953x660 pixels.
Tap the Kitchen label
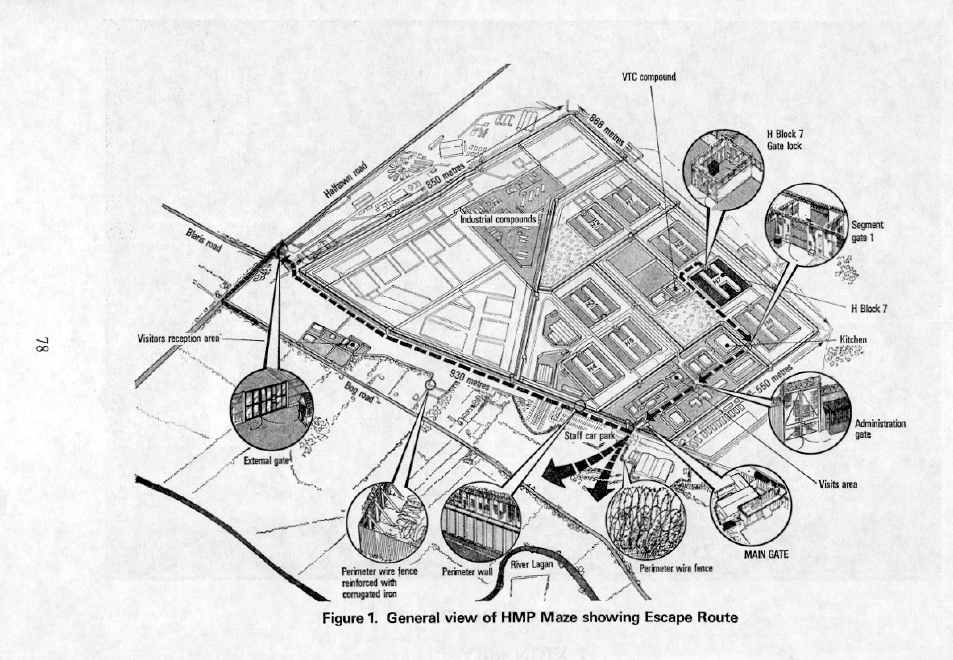853,339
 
